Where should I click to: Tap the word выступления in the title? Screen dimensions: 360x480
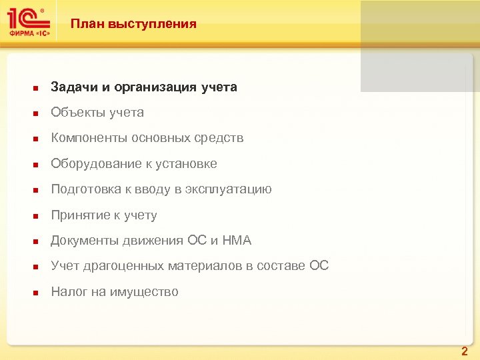[149, 24]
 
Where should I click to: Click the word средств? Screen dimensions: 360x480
[219, 138]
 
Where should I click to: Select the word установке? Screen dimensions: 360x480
[188, 164]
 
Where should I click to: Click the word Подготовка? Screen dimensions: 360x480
[85, 189]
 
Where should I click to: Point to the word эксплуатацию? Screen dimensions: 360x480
[229, 189]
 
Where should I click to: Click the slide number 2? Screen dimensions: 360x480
[465, 351]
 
